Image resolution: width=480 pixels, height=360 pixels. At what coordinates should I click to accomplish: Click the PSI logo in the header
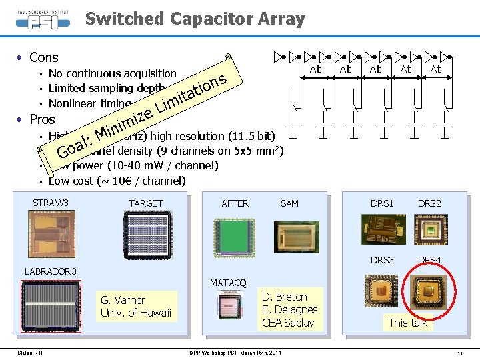(41, 18)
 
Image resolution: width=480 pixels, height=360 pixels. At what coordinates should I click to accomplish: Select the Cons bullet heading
(43, 57)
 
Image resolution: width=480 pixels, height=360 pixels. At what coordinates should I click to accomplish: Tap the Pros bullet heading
(42, 119)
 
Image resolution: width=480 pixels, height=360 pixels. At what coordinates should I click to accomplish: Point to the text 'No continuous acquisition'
(112, 73)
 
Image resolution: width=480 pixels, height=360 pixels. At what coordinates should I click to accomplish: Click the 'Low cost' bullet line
(117, 181)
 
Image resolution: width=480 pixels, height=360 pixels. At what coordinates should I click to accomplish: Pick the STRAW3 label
(51, 203)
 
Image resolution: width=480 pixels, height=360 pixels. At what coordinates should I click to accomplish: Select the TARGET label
(145, 203)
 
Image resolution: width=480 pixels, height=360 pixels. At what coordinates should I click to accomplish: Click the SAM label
(289, 203)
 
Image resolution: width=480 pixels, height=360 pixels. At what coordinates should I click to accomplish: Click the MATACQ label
(228, 283)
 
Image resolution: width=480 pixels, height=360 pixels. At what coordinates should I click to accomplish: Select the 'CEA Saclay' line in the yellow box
(288, 323)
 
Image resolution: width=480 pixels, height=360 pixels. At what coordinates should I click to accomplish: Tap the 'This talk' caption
(407, 323)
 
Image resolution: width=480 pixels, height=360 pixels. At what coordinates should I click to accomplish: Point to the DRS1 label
(382, 203)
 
